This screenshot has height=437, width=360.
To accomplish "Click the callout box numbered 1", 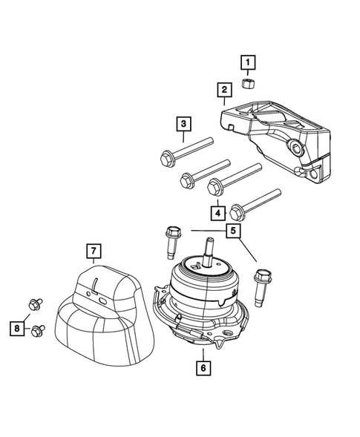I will pos(248,62).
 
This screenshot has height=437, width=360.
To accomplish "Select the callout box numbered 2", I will pos(223,91).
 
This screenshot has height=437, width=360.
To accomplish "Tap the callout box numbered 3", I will pos(183,124).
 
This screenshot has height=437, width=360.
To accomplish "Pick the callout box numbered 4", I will pos(218,213).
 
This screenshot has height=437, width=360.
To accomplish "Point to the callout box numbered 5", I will pos(233,231).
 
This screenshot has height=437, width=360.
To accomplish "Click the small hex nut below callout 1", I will pos(248,82).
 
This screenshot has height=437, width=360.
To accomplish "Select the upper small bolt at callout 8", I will pos(34,303).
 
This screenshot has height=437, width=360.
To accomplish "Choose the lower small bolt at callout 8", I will pos(38,331).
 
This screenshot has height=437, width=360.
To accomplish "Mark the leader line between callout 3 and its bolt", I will pos(183,138).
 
